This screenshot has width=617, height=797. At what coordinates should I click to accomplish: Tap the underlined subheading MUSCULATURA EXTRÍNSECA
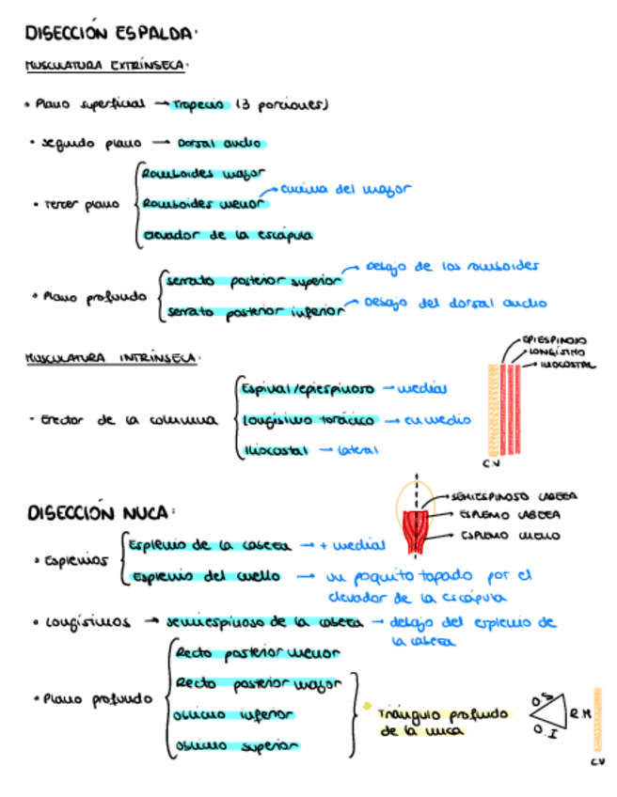pos(106,67)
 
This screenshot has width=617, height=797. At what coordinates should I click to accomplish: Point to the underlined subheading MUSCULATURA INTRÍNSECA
pos(111,358)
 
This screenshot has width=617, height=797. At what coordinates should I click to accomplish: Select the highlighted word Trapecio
pos(199,105)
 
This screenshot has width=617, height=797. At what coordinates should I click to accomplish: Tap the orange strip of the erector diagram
pos(491,410)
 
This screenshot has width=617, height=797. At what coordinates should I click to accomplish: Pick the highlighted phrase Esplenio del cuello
pos(208,576)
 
